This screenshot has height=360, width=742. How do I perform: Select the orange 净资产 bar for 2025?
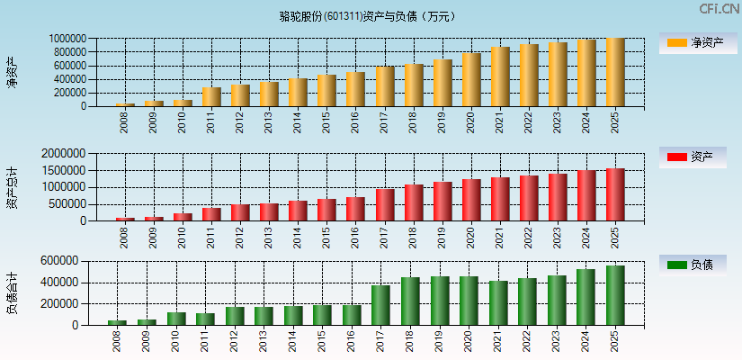click(x=615, y=72)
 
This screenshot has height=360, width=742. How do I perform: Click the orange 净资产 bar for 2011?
click(x=211, y=96)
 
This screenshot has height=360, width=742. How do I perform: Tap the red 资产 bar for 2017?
click(x=385, y=204)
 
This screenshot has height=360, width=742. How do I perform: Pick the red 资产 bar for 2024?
click(x=586, y=195)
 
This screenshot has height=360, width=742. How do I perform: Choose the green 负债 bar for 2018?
click(x=410, y=301)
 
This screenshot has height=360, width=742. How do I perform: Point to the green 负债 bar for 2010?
click(x=176, y=319)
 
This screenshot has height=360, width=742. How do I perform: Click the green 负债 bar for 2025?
click(x=615, y=295)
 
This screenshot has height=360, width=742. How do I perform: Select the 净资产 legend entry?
click(x=693, y=42)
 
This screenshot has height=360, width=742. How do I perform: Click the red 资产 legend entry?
click(x=693, y=157)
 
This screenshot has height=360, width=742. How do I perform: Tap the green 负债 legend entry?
click(x=693, y=265)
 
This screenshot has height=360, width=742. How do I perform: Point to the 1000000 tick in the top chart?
click(x=67, y=40)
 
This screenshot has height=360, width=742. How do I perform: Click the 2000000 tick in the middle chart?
click(x=65, y=154)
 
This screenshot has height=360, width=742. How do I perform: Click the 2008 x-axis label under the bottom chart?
click(x=118, y=340)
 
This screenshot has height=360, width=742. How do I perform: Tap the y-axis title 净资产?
click(x=12, y=72)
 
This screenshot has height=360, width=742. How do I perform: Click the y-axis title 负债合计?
click(x=12, y=292)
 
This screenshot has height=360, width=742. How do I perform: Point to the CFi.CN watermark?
click(x=720, y=9)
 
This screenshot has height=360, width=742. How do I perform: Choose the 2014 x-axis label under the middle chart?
click(x=298, y=236)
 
